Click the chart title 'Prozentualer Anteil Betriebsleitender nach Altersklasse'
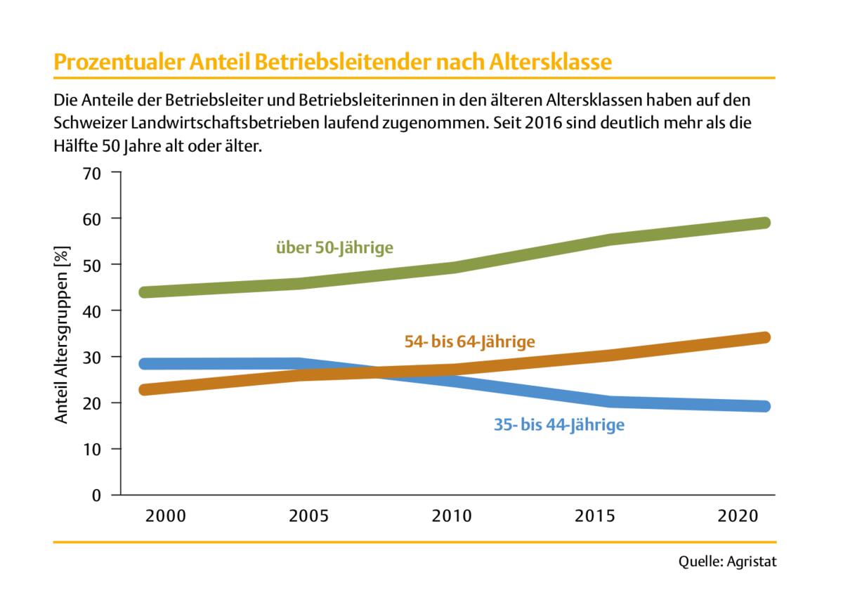point(332,62)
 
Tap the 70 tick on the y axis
point(93,172)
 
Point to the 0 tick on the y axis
point(97,495)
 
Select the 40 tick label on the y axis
point(93,311)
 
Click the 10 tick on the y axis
point(93,449)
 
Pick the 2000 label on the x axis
point(166,516)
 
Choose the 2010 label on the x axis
point(452,516)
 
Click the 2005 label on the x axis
point(308,516)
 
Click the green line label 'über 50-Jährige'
point(334,247)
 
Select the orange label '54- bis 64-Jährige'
point(470,342)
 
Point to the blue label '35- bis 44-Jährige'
point(558,424)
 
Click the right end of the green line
point(765,223)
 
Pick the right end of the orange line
point(765,337)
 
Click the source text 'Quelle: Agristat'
point(728,562)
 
